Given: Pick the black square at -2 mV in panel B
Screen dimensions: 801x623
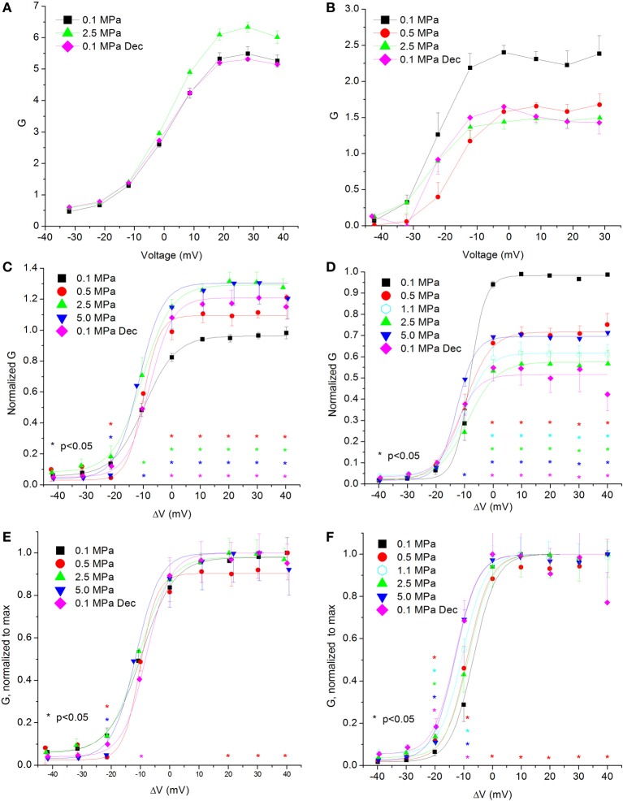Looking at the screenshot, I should tap(504, 52).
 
